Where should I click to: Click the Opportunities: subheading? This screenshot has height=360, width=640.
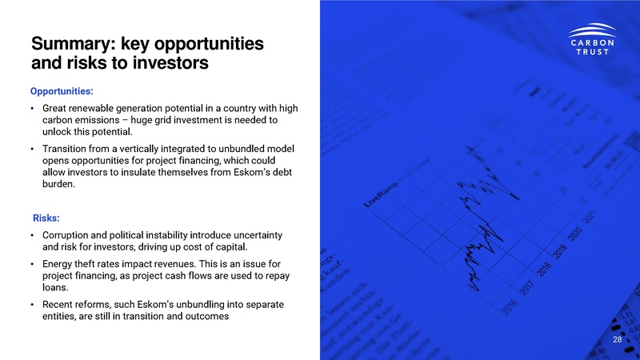(62, 91)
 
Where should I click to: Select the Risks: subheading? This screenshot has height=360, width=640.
(46, 218)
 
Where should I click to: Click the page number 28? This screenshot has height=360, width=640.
(617, 340)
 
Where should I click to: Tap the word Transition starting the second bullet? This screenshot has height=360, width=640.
(69, 149)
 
